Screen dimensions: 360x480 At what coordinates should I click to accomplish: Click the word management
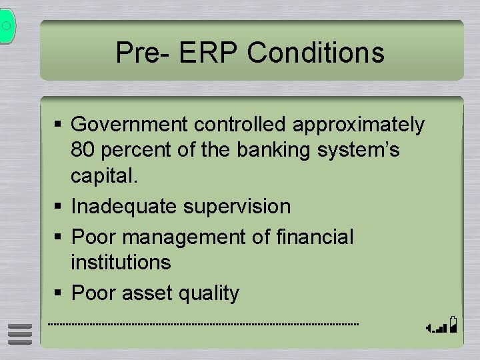(183, 237)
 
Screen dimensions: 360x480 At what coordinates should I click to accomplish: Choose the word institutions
(121, 263)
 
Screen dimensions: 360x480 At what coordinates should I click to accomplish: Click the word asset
(145, 293)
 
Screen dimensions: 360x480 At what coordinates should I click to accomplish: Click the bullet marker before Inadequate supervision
(60, 207)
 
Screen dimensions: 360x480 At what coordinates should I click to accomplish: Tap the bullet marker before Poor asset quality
(60, 293)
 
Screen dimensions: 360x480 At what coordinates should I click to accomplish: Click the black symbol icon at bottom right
(442, 325)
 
